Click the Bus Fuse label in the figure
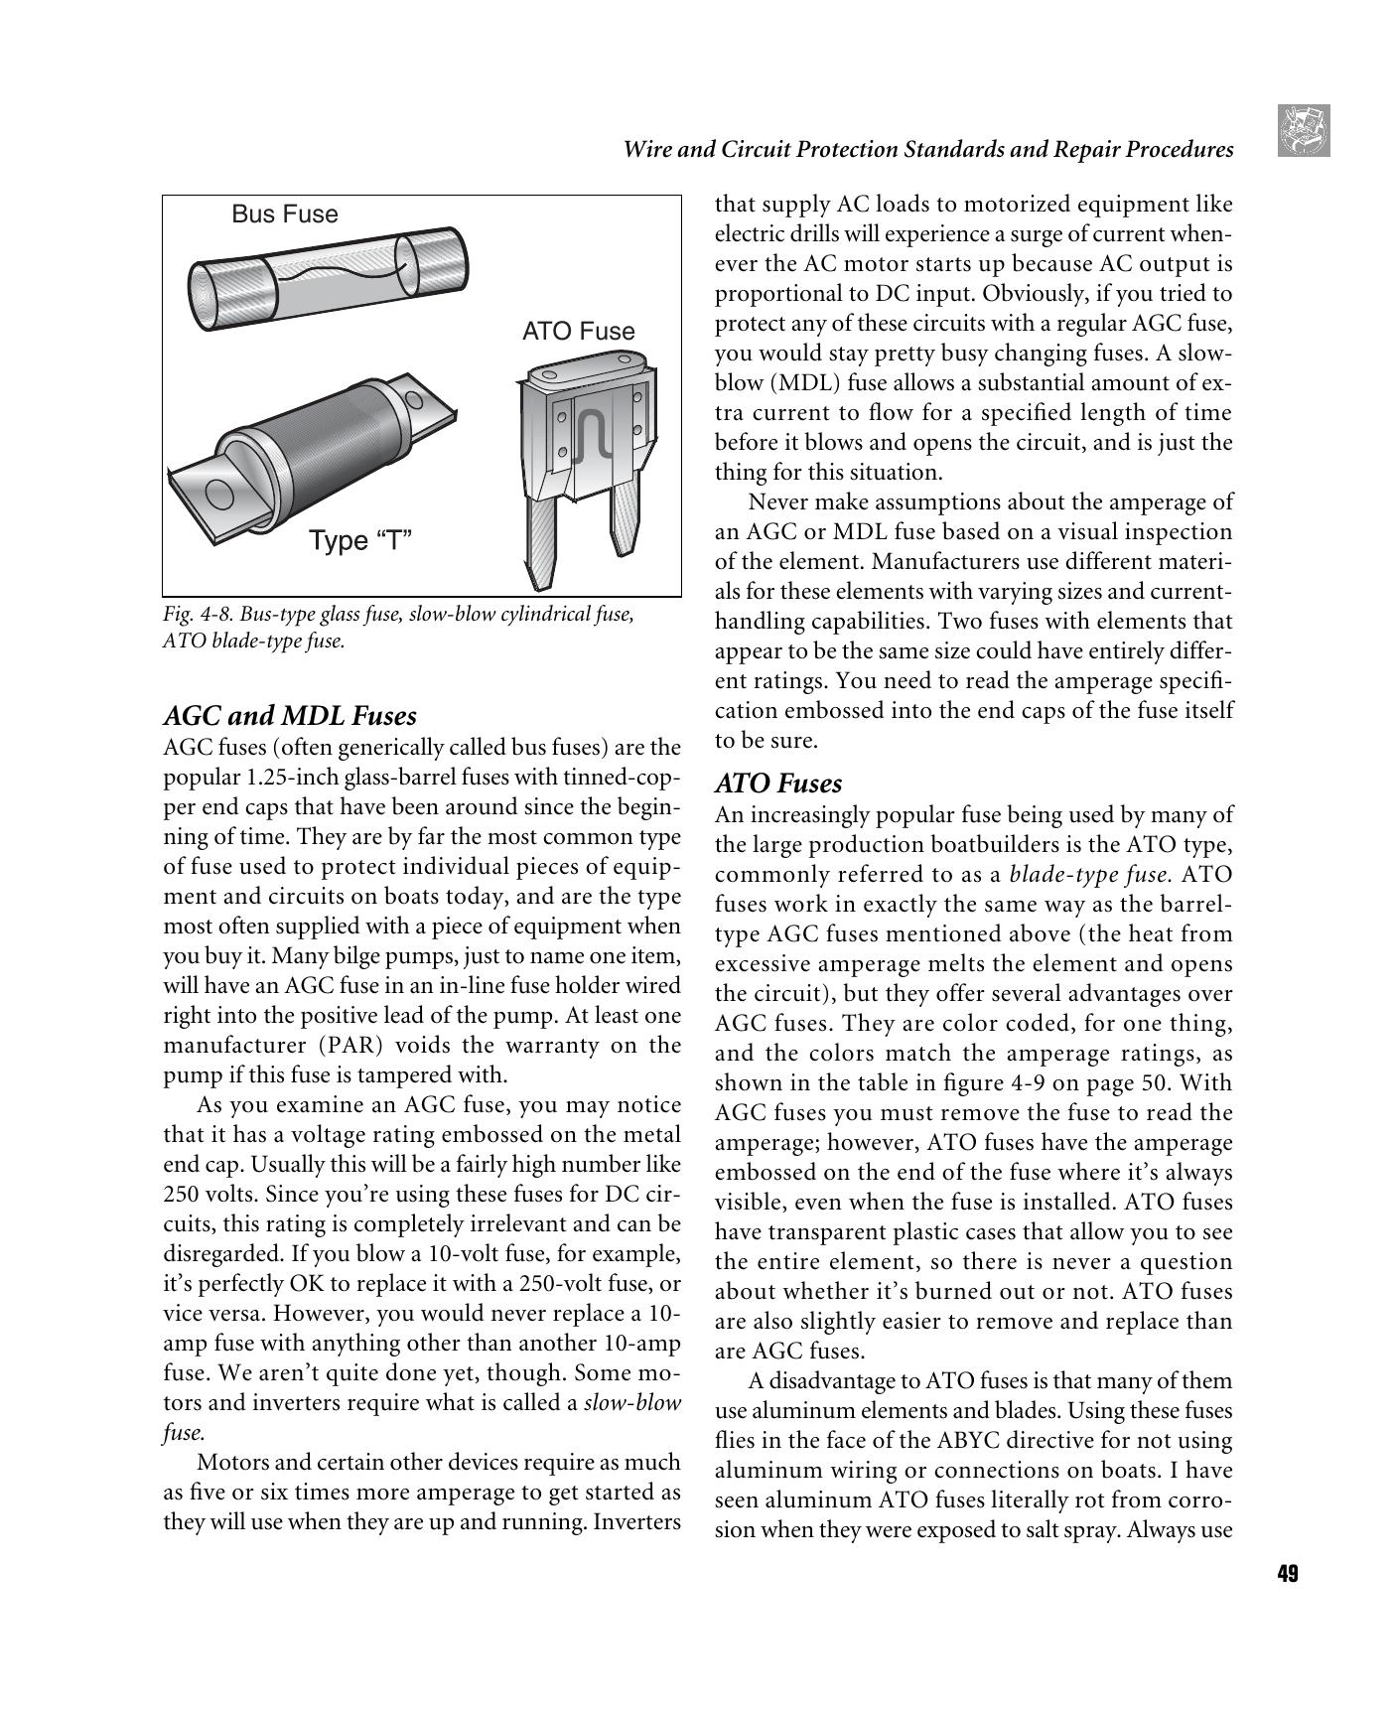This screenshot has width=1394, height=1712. [284, 214]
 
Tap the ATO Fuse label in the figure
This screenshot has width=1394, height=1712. [578, 332]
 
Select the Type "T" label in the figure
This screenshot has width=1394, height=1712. [359, 541]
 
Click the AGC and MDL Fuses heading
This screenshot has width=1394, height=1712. [290, 716]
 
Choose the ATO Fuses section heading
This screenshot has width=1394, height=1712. [778, 784]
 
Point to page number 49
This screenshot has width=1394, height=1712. [1287, 1574]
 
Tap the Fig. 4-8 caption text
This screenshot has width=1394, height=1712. [397, 627]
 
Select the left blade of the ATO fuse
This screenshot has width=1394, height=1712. [542, 541]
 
